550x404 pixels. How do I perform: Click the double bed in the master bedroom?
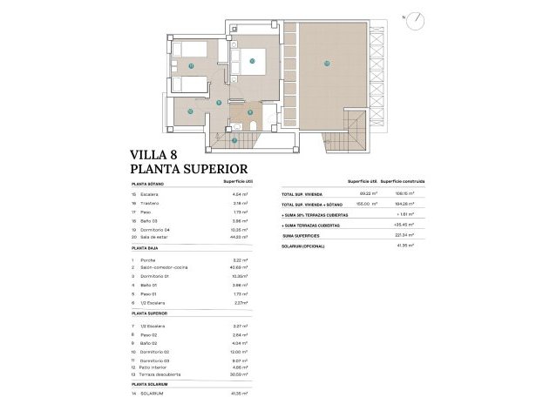(253, 61)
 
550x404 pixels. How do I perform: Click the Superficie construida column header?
(402, 181)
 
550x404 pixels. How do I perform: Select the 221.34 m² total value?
(404, 234)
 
